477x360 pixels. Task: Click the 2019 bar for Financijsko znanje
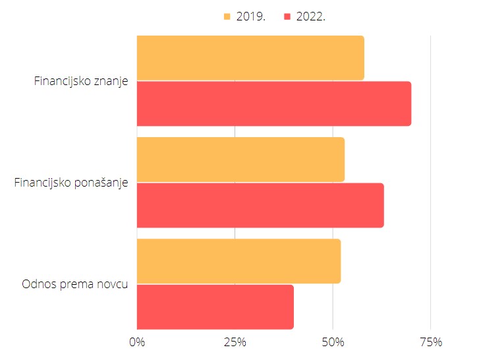point(250,58)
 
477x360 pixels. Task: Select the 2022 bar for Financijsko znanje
point(274,104)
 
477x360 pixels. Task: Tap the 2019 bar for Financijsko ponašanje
point(240,160)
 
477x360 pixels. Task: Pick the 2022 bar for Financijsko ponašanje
point(260,205)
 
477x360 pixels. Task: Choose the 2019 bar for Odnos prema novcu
point(238,261)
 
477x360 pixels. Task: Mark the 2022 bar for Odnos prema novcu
point(215,307)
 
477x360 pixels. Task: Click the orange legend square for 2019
point(227,16)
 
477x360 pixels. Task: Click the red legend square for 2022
point(287,16)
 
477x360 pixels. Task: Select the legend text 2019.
point(251,16)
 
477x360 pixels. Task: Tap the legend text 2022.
point(311,16)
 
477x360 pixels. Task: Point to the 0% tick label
point(137,342)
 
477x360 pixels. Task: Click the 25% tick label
point(235,342)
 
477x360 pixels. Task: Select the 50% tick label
point(333,342)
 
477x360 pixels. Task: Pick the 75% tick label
point(431,342)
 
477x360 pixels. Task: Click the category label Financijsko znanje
point(81,81)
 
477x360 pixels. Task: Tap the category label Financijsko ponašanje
point(71,183)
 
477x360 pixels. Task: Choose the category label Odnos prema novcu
point(74,284)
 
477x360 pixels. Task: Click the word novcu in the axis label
point(113,284)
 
